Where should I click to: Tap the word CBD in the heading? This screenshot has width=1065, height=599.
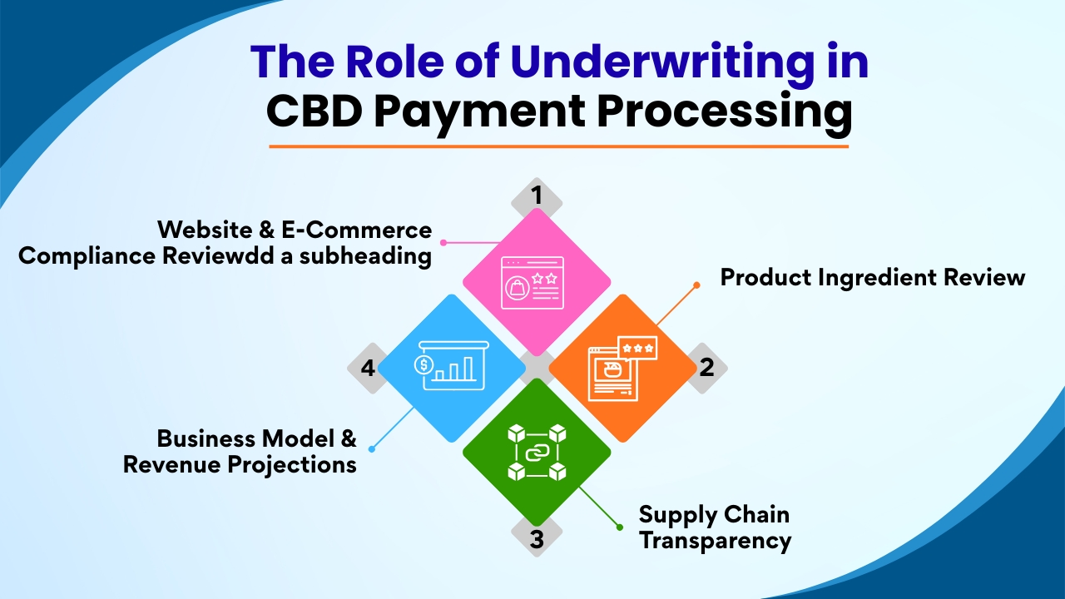coord(313,112)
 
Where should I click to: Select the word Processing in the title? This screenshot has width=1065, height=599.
coord(725,112)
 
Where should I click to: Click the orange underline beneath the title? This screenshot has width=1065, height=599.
coord(558,146)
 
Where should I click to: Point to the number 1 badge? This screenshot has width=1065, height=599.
coord(537,196)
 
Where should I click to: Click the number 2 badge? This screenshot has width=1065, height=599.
coord(706,367)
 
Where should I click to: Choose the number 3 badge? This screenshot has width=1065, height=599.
coord(537,539)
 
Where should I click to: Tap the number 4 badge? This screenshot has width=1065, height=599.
coord(368,367)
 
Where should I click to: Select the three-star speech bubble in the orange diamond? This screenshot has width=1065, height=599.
coord(637,348)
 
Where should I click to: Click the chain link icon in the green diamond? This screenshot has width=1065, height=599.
coord(537,453)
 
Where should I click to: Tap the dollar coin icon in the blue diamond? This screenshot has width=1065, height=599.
coord(424,364)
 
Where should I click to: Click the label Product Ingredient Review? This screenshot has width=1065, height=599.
coord(872,277)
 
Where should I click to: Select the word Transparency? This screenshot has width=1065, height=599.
coord(714,541)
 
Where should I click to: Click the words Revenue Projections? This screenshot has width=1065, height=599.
coord(240,464)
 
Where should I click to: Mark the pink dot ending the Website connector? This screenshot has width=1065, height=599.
coord(443,243)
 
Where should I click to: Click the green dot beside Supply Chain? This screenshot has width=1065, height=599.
coord(619,527)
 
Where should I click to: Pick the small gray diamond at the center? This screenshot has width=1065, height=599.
coord(537,367)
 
